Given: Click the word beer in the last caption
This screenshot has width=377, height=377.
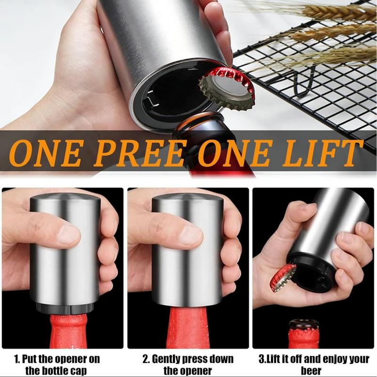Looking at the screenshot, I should pos(309,370).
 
